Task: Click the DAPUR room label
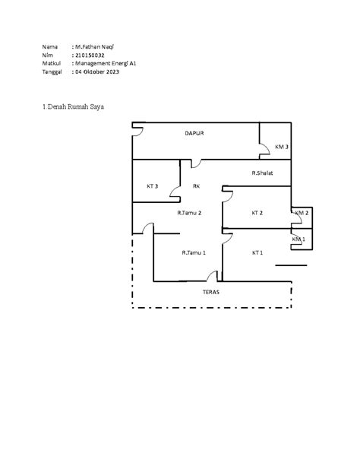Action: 194,133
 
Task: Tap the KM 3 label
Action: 282,147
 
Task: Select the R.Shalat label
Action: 262,173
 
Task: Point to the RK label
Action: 197,186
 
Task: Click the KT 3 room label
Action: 153,186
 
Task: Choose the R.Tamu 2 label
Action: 189,213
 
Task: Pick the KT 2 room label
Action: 257,213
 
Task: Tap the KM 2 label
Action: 302,213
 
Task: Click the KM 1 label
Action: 298,239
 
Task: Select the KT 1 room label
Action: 257,252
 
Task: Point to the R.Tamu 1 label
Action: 194,252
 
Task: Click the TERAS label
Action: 211,292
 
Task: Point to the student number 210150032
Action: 90,55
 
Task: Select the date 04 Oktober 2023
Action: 97,71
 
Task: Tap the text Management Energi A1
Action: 106,63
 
